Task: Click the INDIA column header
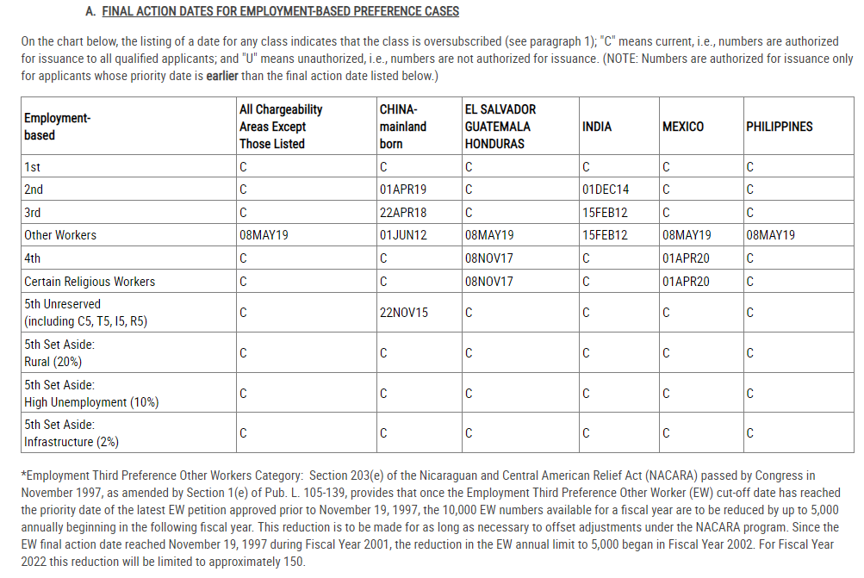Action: [597, 127]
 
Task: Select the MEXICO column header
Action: [682, 127]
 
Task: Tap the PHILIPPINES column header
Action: [779, 127]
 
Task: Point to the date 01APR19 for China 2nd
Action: [403, 190]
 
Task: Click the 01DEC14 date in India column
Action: [606, 190]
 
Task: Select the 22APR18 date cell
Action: [403, 212]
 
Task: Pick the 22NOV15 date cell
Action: [403, 313]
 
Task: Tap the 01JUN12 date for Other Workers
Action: [403, 235]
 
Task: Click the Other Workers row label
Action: [60, 235]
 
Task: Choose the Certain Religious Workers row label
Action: [90, 282]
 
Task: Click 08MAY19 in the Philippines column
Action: [771, 235]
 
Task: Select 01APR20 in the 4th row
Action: [687, 258]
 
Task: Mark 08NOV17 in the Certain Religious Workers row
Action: [488, 282]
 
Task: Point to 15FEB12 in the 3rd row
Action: [606, 212]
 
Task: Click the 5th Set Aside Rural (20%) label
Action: [59, 353]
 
